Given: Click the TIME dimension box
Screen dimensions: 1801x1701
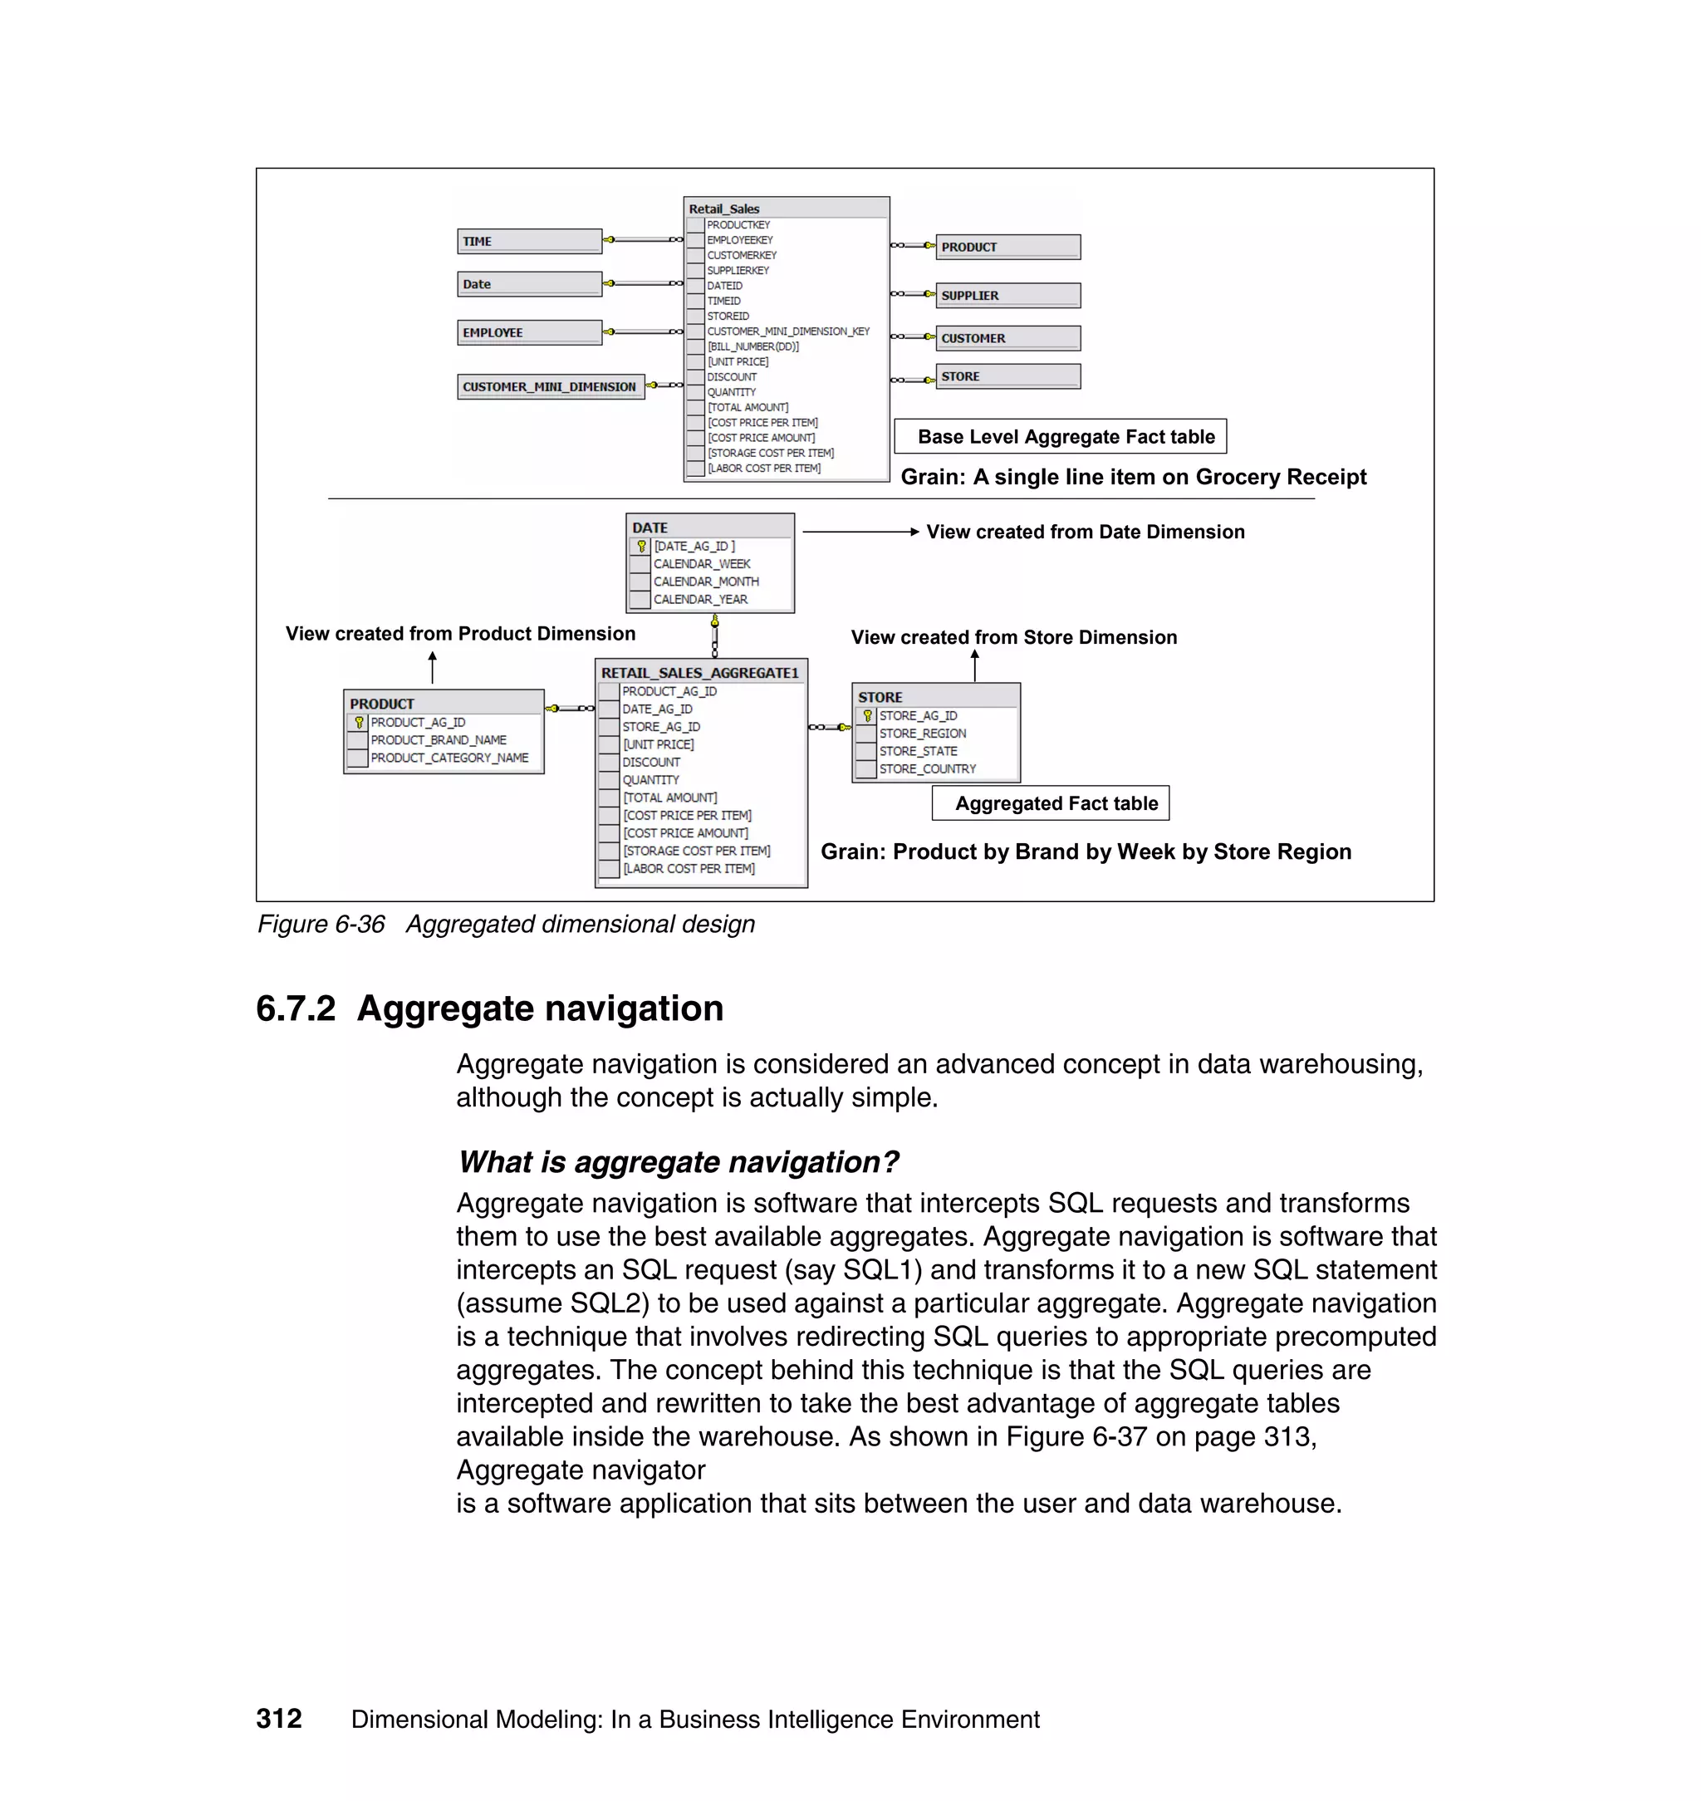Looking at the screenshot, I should click(528, 241).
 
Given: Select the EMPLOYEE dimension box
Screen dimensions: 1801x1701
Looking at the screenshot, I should click(528, 333).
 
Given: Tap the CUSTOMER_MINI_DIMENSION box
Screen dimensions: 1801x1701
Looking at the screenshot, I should click(550, 387).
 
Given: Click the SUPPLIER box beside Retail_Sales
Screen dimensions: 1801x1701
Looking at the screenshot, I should click(1007, 296).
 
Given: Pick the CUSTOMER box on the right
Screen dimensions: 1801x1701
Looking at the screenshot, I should click(1007, 338).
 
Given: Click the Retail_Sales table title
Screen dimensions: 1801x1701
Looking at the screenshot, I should click(723, 209).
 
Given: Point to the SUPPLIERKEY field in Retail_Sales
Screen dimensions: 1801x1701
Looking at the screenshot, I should click(738, 270).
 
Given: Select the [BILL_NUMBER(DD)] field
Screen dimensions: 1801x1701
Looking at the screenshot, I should click(752, 346).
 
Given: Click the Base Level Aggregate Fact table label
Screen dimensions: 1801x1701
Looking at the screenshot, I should click(1066, 437).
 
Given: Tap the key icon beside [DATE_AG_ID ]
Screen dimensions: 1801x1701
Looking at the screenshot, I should click(642, 546).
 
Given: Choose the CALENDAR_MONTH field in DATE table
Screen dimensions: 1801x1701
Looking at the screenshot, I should click(705, 582).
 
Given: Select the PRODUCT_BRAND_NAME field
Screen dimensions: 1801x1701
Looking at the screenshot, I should click(438, 740).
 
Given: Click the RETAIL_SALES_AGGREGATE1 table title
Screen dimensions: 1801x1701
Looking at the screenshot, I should click(700, 673).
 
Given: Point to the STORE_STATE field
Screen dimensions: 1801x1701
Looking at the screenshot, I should click(918, 751).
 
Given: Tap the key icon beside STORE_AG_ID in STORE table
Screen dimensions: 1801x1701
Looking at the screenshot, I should click(867, 715).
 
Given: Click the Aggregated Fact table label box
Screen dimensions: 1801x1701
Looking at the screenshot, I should click(1056, 803).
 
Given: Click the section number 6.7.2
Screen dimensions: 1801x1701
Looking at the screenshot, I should click(296, 1009).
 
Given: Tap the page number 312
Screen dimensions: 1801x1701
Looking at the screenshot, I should click(278, 1719).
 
